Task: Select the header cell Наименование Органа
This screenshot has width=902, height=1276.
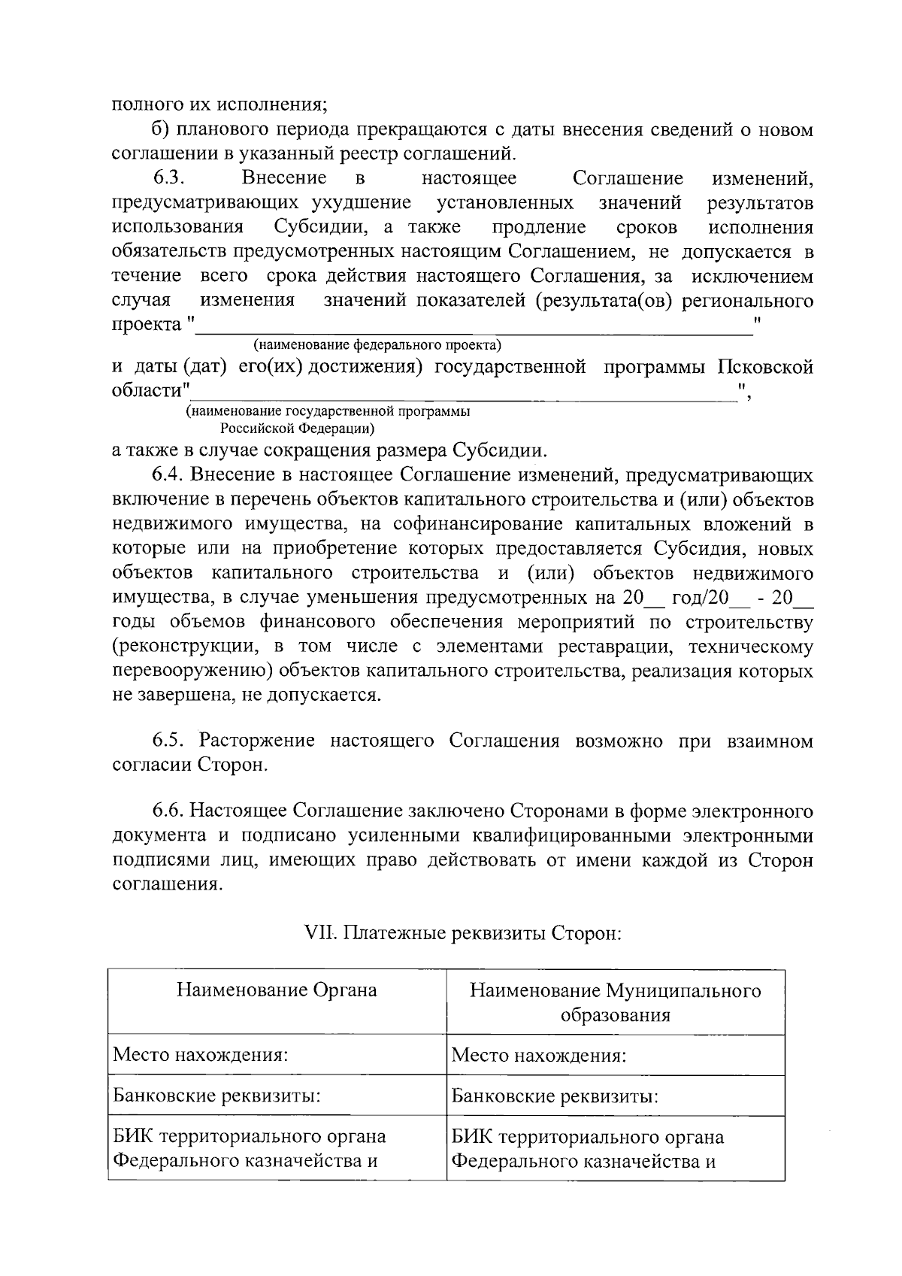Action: coord(277,990)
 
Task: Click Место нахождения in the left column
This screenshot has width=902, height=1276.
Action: coord(201,1055)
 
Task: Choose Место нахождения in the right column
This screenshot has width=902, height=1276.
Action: coord(539,1055)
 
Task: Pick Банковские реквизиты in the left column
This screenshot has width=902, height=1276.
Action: coord(216,1096)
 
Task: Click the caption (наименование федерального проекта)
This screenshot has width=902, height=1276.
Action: coord(377,345)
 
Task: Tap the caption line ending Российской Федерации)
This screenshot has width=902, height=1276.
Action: coord(298,429)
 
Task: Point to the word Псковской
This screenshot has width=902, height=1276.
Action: coord(765,368)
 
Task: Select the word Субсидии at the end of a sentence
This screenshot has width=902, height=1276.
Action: coord(499,451)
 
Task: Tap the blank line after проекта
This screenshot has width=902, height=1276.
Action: coord(474,326)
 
